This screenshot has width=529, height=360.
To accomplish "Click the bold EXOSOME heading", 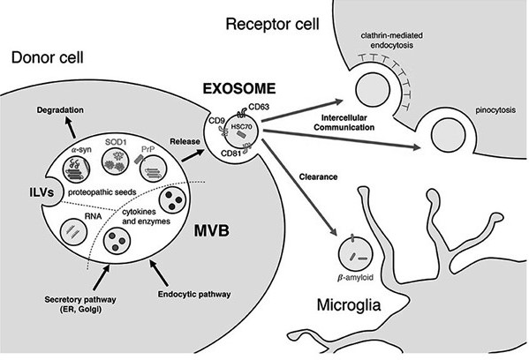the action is point(239,88).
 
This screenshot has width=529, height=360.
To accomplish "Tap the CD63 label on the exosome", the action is point(259,107).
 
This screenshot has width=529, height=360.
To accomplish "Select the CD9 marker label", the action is point(215,120).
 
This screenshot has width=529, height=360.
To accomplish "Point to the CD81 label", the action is point(230,153).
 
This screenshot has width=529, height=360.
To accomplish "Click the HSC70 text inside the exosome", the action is point(241,126).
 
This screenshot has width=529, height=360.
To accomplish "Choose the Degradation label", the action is point(60,110).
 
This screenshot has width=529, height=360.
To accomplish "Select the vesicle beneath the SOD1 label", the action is point(116,161).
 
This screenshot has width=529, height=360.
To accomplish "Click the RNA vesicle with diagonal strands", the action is point(73,232).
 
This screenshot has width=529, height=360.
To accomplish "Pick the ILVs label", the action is point(41,192).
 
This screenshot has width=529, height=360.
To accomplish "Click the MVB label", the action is point(212,231).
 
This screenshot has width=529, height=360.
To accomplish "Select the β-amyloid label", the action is point(356,278).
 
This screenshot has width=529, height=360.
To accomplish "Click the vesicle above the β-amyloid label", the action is point(355,253).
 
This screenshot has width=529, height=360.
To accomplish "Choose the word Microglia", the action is point(349,304).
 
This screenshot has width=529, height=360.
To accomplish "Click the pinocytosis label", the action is point(495,110).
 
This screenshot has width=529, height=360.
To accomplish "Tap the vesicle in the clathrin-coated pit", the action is point(373,90).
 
